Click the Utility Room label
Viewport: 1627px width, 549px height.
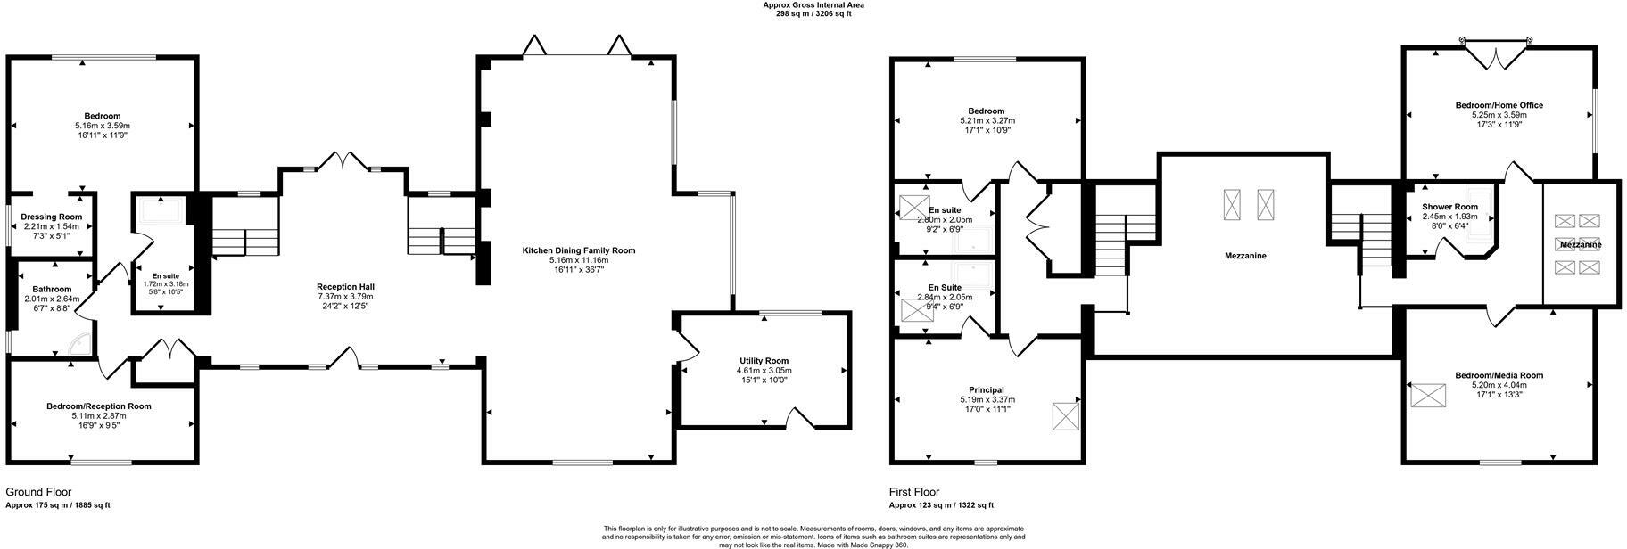[x=764, y=361]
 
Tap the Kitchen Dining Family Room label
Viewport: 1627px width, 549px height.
[x=578, y=250]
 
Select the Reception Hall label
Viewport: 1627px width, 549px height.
[x=345, y=286]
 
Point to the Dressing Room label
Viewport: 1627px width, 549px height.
[x=52, y=217]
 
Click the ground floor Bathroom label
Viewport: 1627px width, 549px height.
[x=52, y=289]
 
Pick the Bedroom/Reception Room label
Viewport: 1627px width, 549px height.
[x=99, y=406]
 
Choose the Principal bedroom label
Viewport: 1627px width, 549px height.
[x=987, y=389]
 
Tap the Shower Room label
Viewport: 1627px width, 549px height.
[x=1449, y=207]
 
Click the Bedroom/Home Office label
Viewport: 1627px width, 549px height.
[x=1499, y=105]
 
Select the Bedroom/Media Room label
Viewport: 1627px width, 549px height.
[x=1499, y=375]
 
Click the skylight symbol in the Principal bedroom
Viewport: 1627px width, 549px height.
[x=1065, y=416]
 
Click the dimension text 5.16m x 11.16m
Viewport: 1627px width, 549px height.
[x=578, y=260]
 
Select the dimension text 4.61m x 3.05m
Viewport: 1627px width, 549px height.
[x=764, y=371]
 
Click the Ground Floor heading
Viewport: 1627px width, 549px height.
[x=38, y=492]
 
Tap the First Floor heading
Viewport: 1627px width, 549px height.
[x=914, y=492]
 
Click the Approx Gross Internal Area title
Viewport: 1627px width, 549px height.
[x=813, y=5]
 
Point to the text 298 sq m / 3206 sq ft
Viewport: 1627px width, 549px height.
[x=813, y=14]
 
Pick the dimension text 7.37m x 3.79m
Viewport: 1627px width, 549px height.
[x=345, y=296]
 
